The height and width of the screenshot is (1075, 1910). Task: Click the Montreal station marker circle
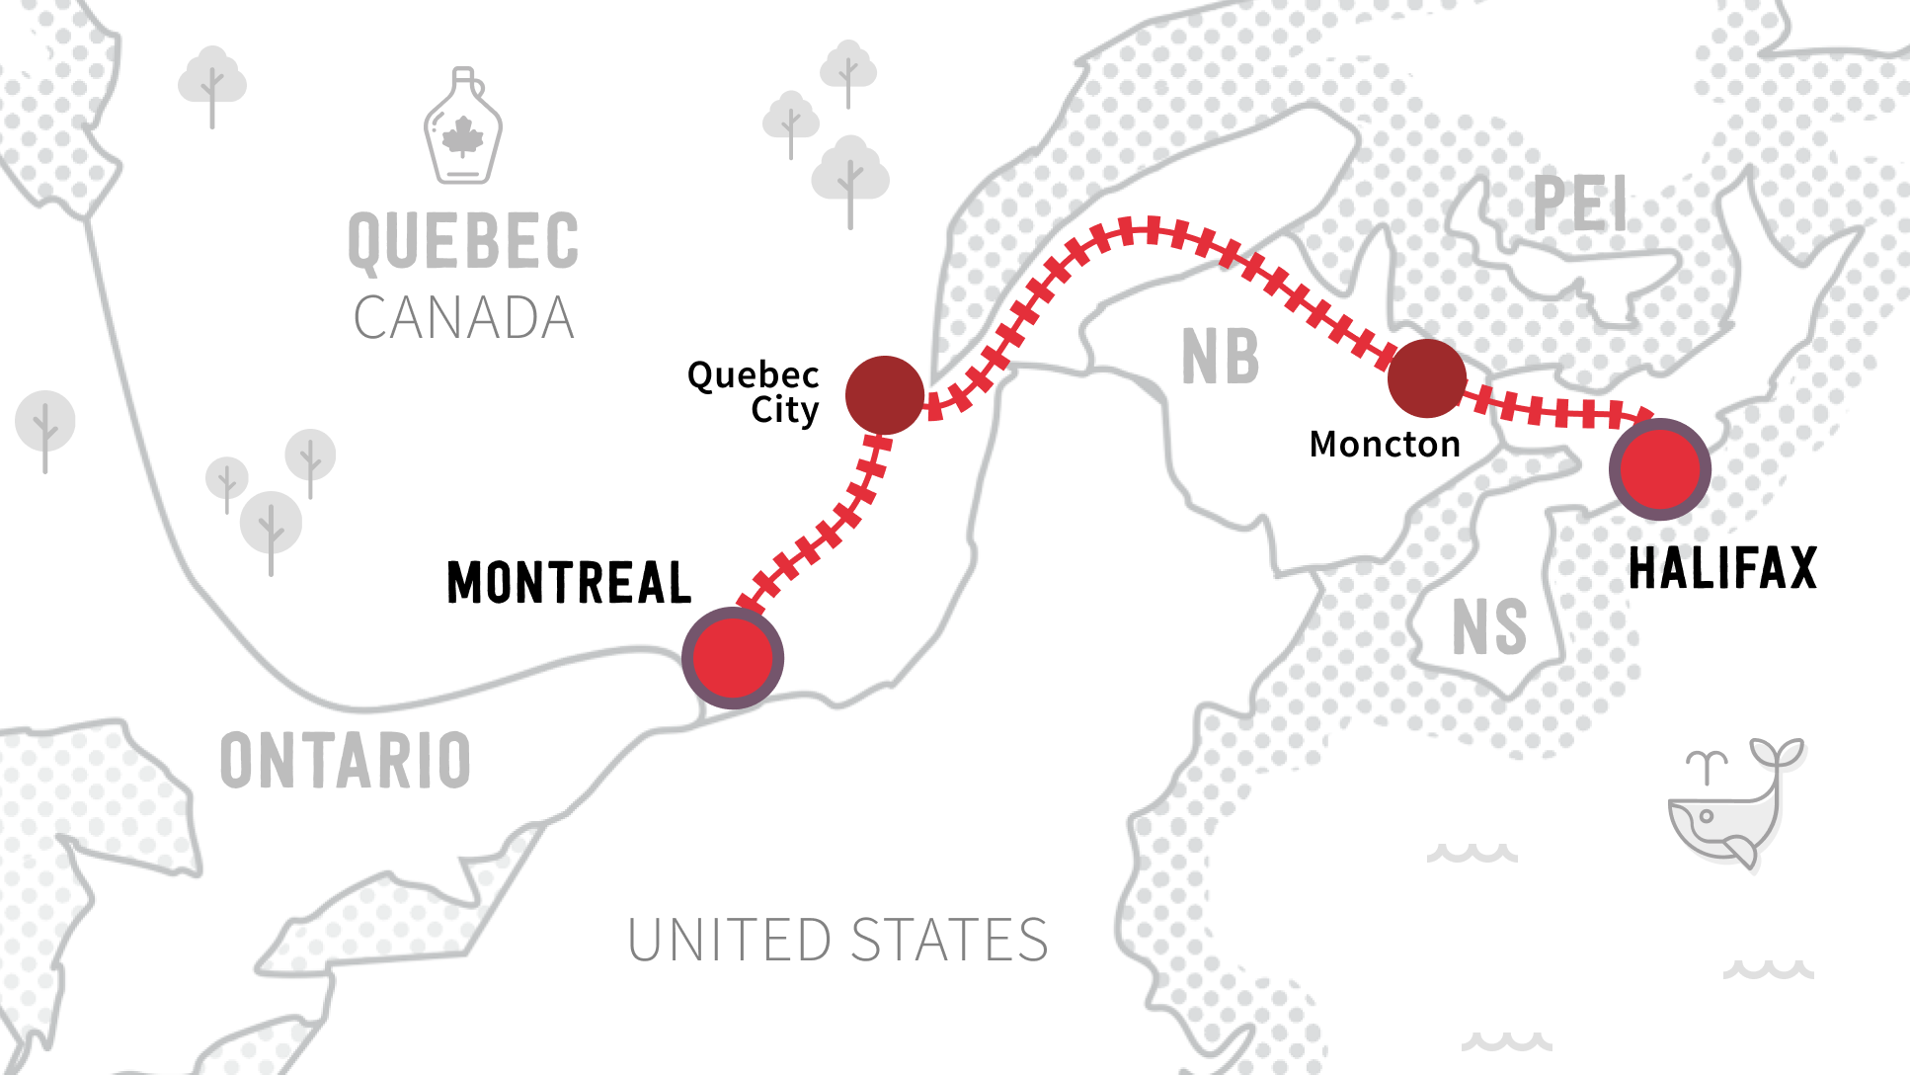pos(733,658)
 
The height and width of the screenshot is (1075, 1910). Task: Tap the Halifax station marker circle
pos(1660,469)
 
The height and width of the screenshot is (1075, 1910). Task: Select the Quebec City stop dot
pos(885,395)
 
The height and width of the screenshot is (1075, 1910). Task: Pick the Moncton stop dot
pos(1426,378)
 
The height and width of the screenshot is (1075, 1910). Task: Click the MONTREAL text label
pos(569,582)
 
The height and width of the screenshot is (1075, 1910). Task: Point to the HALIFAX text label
pos(1722,569)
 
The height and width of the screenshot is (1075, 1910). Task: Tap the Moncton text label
pos(1385,445)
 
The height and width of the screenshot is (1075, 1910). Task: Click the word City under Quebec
pos(784,410)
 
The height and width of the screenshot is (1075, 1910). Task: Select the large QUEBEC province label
pos(463,241)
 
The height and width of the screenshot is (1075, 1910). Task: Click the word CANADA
pos(463,318)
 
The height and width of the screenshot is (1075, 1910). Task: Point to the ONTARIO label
pos(346,761)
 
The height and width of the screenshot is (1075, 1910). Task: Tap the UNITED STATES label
pos(837,940)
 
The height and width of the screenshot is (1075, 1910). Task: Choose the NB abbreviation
pos(1221,357)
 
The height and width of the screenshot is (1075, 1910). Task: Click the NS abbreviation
pos(1489,627)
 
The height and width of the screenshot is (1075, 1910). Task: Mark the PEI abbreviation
pos(1579,206)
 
